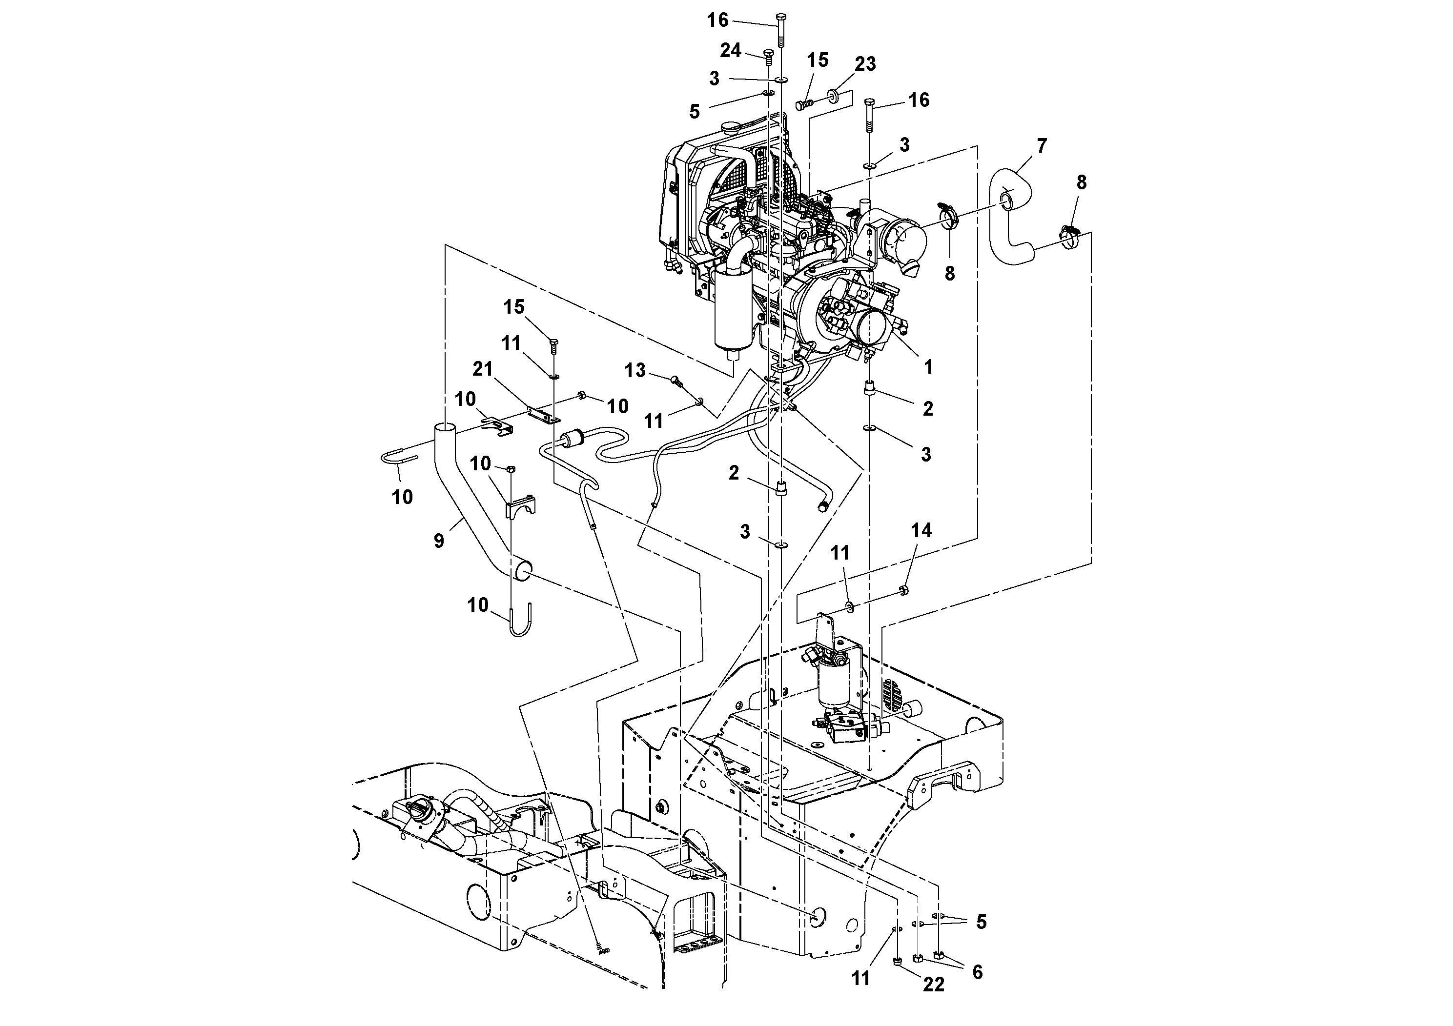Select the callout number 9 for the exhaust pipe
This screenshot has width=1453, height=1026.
tap(439, 542)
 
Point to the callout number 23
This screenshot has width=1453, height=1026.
tap(865, 64)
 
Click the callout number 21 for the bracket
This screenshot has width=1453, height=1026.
tap(483, 369)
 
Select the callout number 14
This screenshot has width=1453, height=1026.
tap(921, 530)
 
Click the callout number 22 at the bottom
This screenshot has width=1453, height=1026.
tap(933, 985)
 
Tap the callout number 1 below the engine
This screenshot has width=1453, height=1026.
tap(928, 367)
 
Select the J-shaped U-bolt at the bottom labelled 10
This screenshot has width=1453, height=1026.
tap(520, 621)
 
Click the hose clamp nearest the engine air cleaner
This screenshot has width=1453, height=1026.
tap(949, 216)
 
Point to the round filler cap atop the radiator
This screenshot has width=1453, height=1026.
tap(731, 128)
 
